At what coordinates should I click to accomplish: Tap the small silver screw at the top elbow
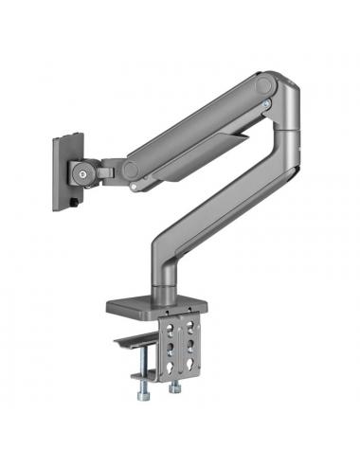[x=268, y=102]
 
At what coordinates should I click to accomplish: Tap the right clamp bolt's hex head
[x=175, y=388]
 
